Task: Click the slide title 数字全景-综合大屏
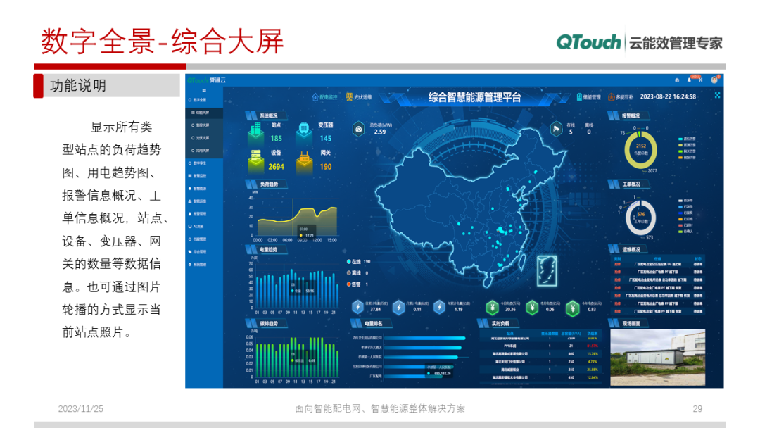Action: pyautogui.click(x=162, y=42)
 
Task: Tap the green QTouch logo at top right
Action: pyautogui.click(x=588, y=42)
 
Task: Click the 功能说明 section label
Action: pyautogui.click(x=78, y=86)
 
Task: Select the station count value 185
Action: pyautogui.click(x=277, y=139)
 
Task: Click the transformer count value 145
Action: pyautogui.click(x=326, y=139)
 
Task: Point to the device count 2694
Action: pyautogui.click(x=277, y=167)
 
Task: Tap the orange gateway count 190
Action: pyautogui.click(x=326, y=167)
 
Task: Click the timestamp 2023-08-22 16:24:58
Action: pyautogui.click(x=668, y=97)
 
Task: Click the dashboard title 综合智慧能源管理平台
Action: pyautogui.click(x=475, y=97)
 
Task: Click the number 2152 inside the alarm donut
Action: pyautogui.click(x=641, y=146)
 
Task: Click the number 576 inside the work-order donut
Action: pyautogui.click(x=641, y=214)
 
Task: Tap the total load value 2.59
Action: pyautogui.click(x=380, y=132)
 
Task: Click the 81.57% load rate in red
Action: pyautogui.click(x=592, y=346)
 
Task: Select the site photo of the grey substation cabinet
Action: pyautogui.click(x=656, y=358)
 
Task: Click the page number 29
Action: pyautogui.click(x=698, y=408)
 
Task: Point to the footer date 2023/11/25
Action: pyautogui.click(x=80, y=408)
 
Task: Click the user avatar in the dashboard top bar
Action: pyautogui.click(x=714, y=80)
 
